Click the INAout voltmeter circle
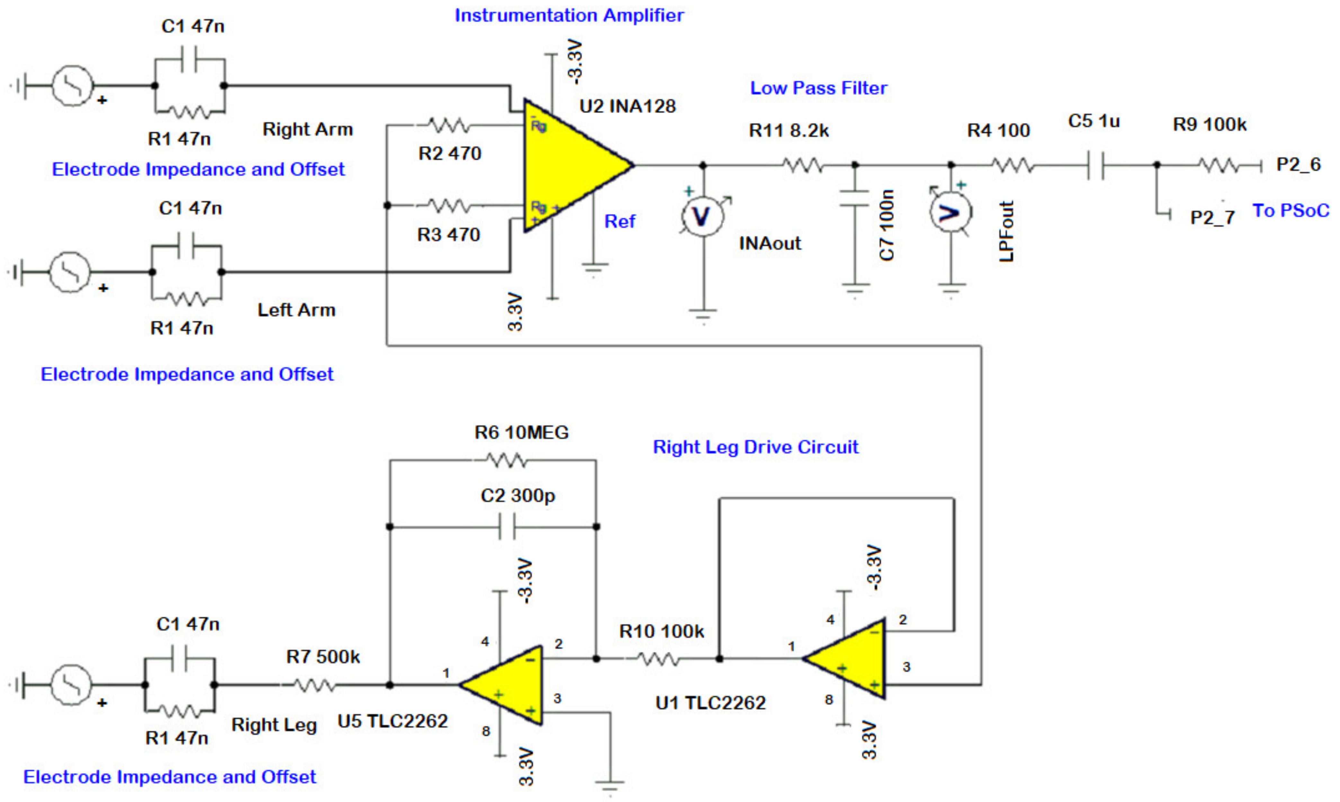[702, 217]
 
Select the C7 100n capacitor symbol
[854, 198]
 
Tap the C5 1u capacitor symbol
[1095, 165]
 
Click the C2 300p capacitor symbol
[507, 526]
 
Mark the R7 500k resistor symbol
[315, 685]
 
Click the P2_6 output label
[1298, 164]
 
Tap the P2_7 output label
[1212, 217]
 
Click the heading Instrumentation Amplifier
[569, 15]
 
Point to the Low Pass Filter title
[818, 87]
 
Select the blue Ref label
[619, 221]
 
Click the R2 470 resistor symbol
[449, 126]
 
